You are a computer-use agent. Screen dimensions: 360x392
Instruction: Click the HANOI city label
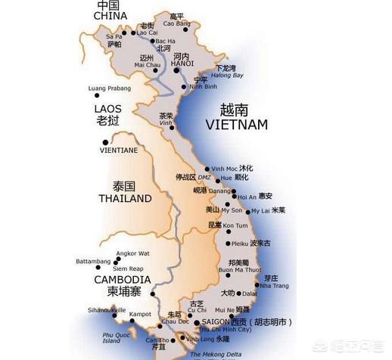point(182,64)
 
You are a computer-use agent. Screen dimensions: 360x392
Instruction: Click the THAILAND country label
point(125,198)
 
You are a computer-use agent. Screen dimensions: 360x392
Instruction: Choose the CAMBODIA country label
point(120,279)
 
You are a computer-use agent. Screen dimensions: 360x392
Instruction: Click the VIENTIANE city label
point(120,151)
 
